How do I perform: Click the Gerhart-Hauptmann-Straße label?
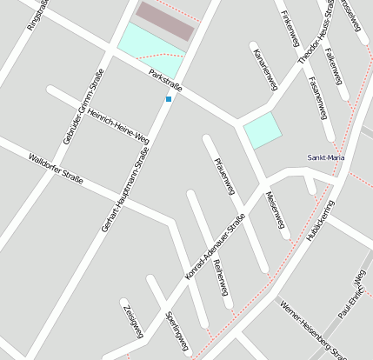[x=124, y=190]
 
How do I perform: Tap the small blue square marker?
[x=169, y=99]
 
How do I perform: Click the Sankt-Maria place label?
[x=325, y=157]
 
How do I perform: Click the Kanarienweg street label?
[x=263, y=70]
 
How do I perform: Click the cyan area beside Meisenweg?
[x=263, y=130]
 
